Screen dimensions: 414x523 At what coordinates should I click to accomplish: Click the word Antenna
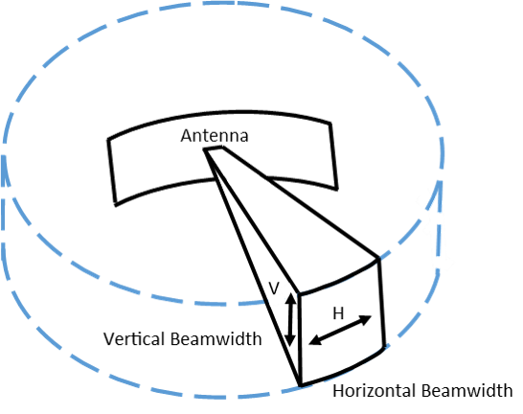tap(215, 136)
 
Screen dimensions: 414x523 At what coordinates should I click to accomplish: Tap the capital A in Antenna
tap(186, 136)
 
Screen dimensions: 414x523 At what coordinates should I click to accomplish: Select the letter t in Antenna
tap(203, 136)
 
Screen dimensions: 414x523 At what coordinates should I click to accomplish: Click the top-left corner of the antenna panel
tap(106, 139)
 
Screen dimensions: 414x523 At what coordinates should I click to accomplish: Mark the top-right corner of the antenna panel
tap(333, 119)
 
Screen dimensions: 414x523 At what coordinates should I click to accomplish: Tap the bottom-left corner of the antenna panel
tap(115, 196)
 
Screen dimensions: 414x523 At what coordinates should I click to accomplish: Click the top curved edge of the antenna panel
tap(220, 111)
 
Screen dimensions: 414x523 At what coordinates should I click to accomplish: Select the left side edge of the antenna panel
tap(110, 168)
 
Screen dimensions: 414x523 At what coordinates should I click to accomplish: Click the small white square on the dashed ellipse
tap(280, 296)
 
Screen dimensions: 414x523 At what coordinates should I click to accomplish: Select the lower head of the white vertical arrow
tap(444, 262)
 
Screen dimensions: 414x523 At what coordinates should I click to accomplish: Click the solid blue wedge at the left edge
tap(6, 172)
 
